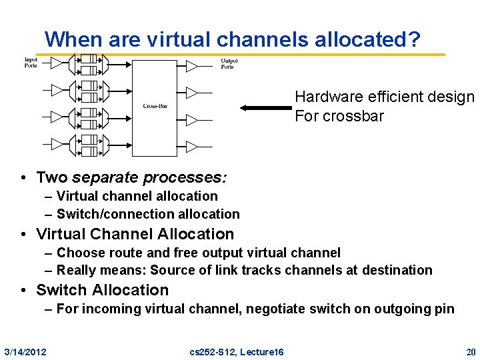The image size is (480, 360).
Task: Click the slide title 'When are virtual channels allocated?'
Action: point(233,39)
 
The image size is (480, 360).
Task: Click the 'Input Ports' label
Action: point(31,63)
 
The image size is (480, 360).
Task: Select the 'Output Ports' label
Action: point(229,64)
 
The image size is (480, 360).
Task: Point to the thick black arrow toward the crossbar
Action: point(265,107)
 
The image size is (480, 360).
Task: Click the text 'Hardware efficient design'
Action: point(385,97)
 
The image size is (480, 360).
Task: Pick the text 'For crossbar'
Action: point(339,116)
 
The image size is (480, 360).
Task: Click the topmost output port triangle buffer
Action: point(191,65)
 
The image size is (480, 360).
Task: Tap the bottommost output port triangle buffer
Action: point(191,146)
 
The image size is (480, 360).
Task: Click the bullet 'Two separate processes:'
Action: point(131,177)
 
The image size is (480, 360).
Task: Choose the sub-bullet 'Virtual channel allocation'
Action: point(137,196)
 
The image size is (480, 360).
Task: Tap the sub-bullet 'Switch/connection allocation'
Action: point(147,214)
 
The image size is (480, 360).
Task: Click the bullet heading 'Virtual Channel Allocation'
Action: point(135,234)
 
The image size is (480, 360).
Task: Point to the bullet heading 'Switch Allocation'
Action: point(102,290)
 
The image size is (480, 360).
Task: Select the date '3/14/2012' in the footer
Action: point(25,351)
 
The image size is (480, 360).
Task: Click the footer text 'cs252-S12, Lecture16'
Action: point(237,351)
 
